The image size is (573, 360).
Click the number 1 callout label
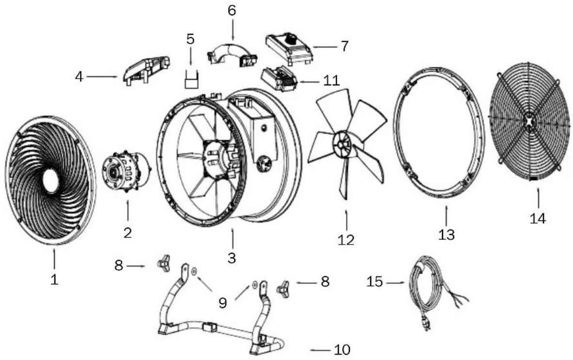[54, 279]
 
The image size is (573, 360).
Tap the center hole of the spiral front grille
[50, 180]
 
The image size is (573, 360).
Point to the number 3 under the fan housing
[232, 258]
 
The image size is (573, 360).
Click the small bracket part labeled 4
[146, 70]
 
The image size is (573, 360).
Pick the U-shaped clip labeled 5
[192, 79]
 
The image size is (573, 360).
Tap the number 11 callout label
[331, 81]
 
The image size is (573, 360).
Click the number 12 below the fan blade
[346, 240]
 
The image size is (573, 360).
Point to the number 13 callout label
[446, 234]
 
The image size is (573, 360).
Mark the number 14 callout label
[538, 218]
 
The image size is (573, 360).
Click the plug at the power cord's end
[425, 325]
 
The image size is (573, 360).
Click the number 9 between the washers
[223, 302]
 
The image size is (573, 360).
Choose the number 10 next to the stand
[342, 349]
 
